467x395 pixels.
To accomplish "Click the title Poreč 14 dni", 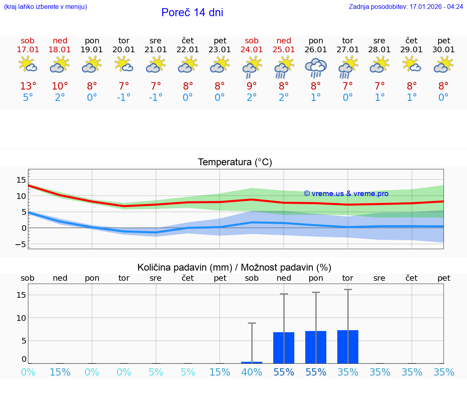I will tap(192, 13).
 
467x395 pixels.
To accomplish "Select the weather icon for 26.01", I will tap(316, 67).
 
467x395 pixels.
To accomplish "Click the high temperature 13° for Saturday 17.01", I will tap(28, 86).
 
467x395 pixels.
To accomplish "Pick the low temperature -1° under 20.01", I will tap(124, 98).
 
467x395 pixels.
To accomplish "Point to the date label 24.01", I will tap(252, 50).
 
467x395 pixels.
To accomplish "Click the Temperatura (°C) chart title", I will tap(235, 162).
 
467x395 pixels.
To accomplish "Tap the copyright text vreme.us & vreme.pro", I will tap(346, 194).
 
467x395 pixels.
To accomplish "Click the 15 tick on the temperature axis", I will tap(21, 180).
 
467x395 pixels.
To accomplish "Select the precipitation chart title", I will tap(234, 267).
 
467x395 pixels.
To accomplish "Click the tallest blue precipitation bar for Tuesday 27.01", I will tap(348, 347).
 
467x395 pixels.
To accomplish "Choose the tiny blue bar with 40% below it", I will tap(252, 362).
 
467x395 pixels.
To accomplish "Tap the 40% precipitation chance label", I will tap(252, 372).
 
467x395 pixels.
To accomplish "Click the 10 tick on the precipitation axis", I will tap(21, 318).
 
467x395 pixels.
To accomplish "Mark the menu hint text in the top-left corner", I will tap(45, 7).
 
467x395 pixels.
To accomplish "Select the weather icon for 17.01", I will tap(28, 65).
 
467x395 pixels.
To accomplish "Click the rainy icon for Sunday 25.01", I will tap(284, 67).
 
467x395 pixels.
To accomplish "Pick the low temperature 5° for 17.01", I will tap(28, 98).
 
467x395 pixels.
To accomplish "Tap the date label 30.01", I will tap(444, 50).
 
